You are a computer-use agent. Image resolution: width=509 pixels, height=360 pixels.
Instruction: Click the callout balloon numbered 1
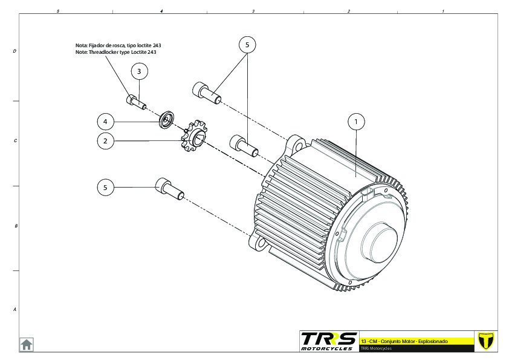[x=357, y=122]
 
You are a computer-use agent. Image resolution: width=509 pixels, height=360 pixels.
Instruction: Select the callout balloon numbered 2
[x=105, y=141]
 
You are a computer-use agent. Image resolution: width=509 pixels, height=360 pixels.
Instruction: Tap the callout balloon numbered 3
[x=139, y=71]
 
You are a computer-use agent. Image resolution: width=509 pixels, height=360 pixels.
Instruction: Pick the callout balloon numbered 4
[x=105, y=122]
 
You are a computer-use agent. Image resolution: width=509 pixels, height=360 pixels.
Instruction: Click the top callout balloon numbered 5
[x=247, y=44]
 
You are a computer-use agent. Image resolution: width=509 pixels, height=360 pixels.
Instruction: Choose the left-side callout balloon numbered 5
[x=105, y=188]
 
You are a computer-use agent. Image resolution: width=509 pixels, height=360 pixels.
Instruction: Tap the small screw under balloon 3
[x=137, y=101]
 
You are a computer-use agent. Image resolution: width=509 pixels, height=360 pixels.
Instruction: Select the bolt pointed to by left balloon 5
[x=169, y=189]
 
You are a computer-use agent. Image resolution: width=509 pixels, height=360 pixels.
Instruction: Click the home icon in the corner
[x=27, y=344]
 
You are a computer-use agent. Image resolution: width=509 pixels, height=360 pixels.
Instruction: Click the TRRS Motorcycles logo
[x=328, y=341]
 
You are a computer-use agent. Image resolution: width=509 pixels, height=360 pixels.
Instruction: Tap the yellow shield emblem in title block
[x=485, y=341]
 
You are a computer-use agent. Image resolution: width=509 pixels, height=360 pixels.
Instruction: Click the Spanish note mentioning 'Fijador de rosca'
[x=118, y=45]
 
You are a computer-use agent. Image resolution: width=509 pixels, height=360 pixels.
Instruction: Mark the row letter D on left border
[x=15, y=51]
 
